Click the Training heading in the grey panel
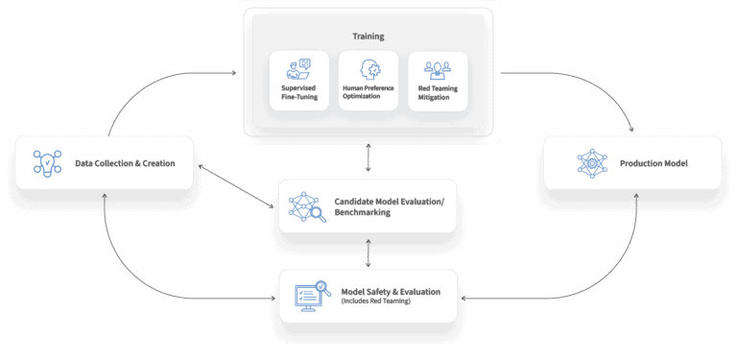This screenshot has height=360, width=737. (x=368, y=36)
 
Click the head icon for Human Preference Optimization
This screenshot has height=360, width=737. (x=368, y=69)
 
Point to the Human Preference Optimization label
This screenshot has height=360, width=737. (x=368, y=93)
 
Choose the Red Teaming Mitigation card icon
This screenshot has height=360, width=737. (x=439, y=69)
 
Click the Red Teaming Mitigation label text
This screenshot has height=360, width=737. (x=439, y=93)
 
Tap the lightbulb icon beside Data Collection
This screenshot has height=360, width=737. (x=47, y=162)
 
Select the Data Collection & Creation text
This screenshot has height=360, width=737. (x=125, y=163)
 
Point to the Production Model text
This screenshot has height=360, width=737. (x=654, y=163)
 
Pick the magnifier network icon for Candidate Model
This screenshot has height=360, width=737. (x=308, y=205)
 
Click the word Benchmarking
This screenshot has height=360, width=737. (x=363, y=212)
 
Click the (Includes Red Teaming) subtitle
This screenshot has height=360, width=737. (x=375, y=301)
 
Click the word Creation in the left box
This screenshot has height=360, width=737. (x=156, y=163)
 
